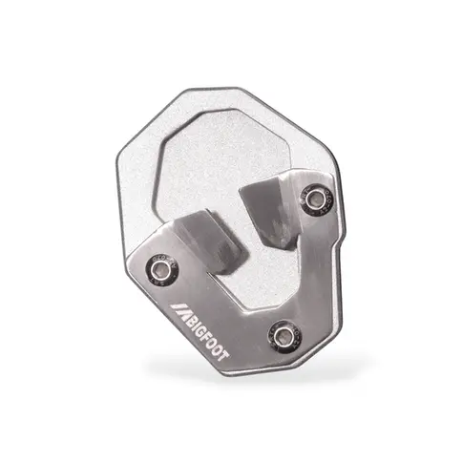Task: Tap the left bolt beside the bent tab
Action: [161, 270]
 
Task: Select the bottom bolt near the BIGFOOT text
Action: [284, 335]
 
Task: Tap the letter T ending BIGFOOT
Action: [222, 356]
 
